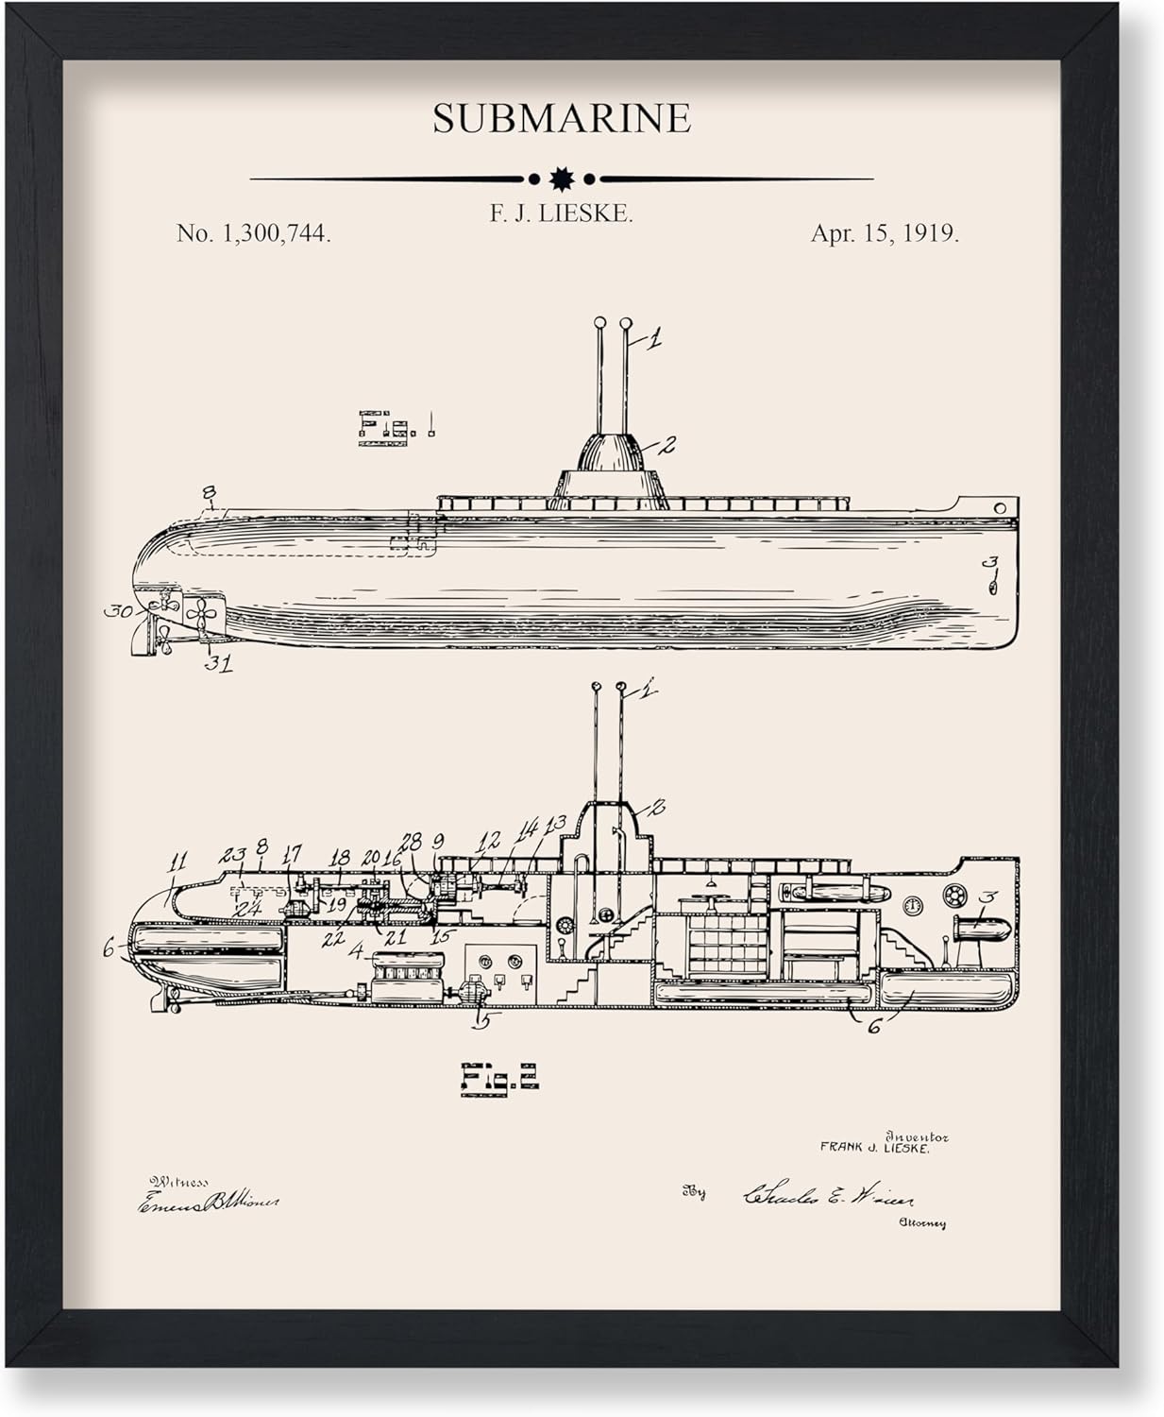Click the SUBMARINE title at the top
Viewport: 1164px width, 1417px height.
562,119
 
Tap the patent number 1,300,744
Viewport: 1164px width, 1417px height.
253,234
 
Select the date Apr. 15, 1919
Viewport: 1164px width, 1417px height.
885,234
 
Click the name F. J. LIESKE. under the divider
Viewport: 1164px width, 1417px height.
561,213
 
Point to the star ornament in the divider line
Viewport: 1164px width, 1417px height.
562,178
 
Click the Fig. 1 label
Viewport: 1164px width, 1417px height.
396,426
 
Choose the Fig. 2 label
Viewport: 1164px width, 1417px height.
499,1077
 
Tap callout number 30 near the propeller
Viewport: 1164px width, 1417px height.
117,611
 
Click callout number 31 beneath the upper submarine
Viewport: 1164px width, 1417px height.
219,663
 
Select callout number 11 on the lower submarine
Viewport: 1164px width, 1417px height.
177,862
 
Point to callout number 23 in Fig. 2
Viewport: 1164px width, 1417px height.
231,856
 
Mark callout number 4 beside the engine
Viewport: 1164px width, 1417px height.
355,951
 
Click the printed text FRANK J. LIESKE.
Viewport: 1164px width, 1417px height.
874,1149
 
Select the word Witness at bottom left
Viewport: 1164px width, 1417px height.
178,1181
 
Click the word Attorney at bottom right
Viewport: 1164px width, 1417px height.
922,1223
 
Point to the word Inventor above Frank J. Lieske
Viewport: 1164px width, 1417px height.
917,1136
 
